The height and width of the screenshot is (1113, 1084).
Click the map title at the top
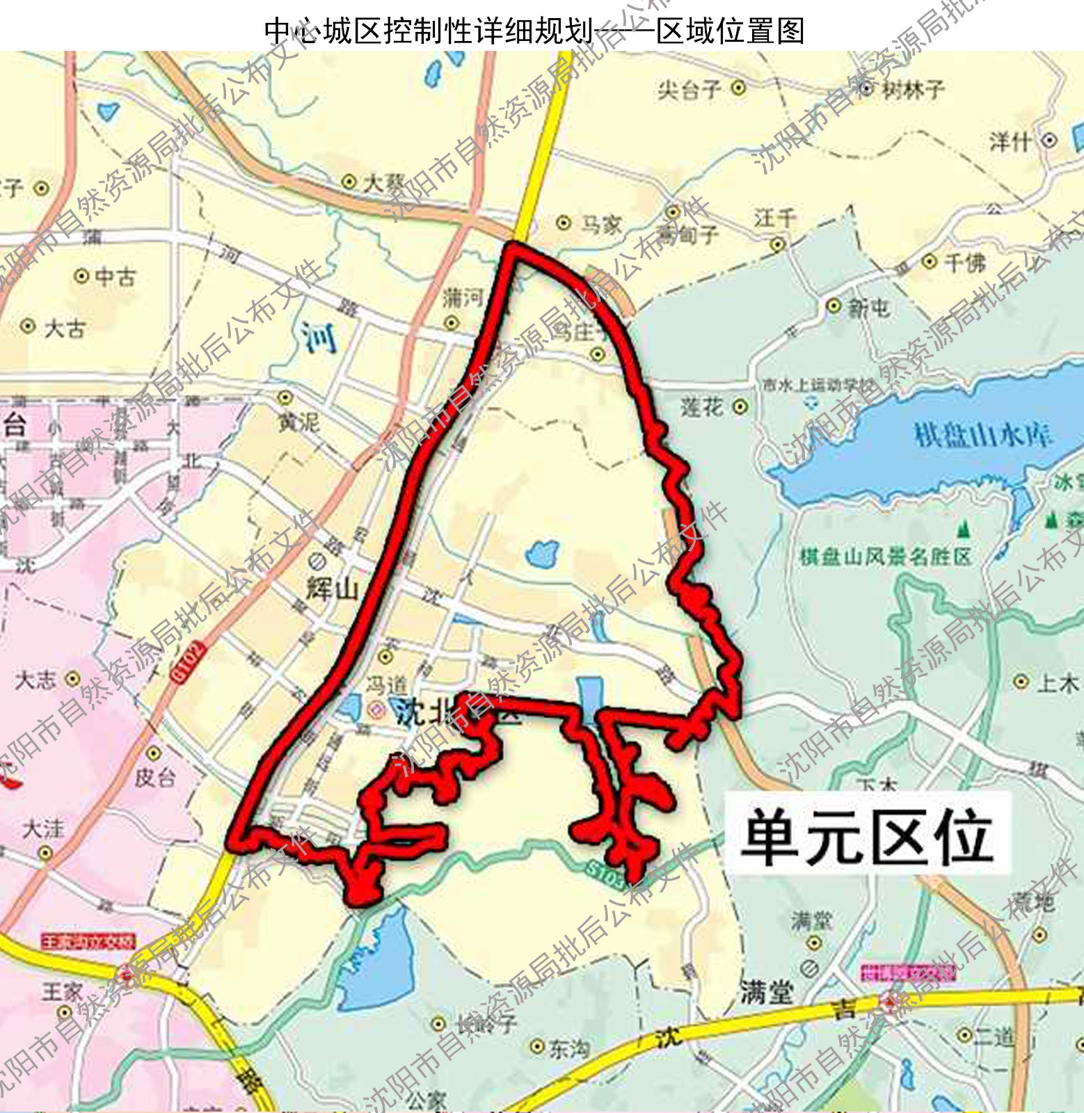(534, 31)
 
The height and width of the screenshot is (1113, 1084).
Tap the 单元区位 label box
(867, 833)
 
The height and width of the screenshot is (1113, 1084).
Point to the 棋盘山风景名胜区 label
(885, 556)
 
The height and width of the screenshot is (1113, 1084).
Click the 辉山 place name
(332, 588)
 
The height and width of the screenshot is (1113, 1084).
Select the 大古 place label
(64, 328)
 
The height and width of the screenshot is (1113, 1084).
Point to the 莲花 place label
(703, 407)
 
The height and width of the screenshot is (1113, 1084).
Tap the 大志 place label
(36, 679)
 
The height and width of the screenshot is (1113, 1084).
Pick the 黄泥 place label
(299, 422)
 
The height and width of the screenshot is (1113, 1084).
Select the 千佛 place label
(965, 262)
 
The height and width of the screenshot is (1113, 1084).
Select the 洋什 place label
(1010, 142)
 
